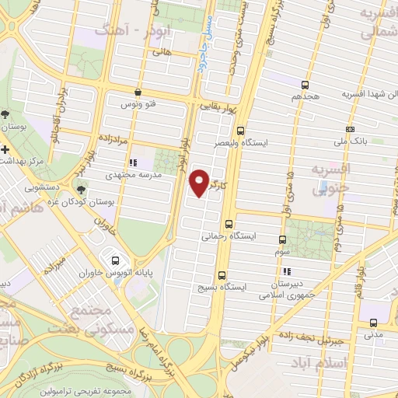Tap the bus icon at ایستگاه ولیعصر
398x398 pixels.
pyautogui.click(x=240, y=131)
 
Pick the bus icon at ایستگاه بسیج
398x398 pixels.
pyautogui.click(x=223, y=274)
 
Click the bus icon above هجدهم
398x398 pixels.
pyautogui.click(x=305, y=86)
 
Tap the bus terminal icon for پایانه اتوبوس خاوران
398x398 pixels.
pyautogui.click(x=115, y=260)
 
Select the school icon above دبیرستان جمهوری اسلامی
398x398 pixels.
pyautogui.click(x=287, y=272)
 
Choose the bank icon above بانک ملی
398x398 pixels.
pyautogui.click(x=350, y=129)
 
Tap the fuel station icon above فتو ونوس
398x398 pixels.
pyautogui.click(x=138, y=90)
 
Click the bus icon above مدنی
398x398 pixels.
pyautogui.click(x=374, y=323)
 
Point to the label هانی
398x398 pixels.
pyautogui.click(x=162, y=53)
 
